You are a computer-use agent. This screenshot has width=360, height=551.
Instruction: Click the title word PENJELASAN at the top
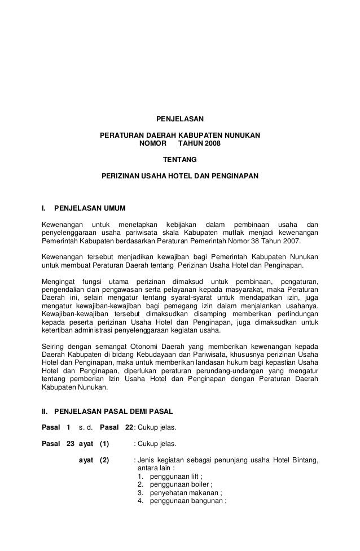coord(179,120)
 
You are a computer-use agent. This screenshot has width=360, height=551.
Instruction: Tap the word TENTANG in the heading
coord(179,160)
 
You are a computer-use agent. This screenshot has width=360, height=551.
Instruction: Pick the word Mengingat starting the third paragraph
coord(58,281)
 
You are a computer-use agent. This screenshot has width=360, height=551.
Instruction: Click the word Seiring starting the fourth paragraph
coord(54,346)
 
